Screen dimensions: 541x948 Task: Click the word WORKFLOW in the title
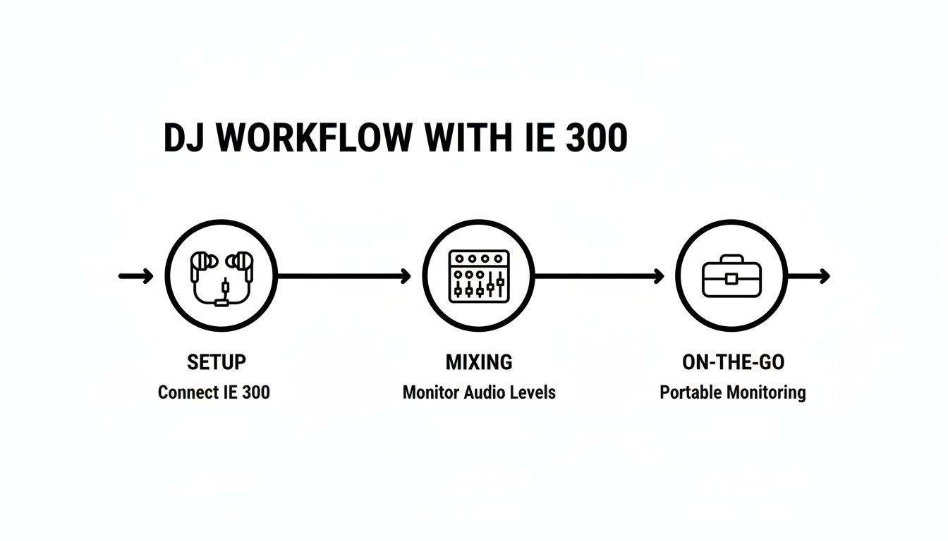314,138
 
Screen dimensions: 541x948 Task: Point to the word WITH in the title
466,138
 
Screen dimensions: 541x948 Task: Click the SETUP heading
217,362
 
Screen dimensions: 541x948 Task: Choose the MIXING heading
479,362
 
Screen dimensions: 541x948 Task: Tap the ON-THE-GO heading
733,362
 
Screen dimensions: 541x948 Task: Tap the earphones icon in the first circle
221,276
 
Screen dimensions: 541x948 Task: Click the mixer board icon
479,275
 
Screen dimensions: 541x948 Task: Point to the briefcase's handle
732,259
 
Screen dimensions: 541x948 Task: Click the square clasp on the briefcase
732,279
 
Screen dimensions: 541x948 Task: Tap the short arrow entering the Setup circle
136,276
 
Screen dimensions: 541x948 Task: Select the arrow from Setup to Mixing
344,276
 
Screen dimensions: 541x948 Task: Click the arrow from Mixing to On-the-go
599,276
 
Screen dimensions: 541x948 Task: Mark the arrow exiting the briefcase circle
808,276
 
